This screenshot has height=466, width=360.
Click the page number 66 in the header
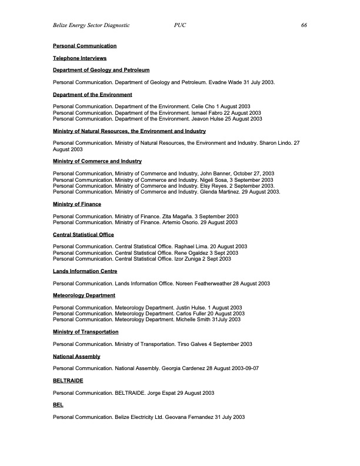click(304, 26)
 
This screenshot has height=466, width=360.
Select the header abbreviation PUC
click(181, 26)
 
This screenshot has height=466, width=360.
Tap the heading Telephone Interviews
click(79, 58)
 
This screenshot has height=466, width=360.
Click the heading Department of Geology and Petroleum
click(101, 70)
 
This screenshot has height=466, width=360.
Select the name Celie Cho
click(204, 106)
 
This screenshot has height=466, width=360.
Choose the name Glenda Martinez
click(218, 192)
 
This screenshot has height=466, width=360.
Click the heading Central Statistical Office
click(83, 235)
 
